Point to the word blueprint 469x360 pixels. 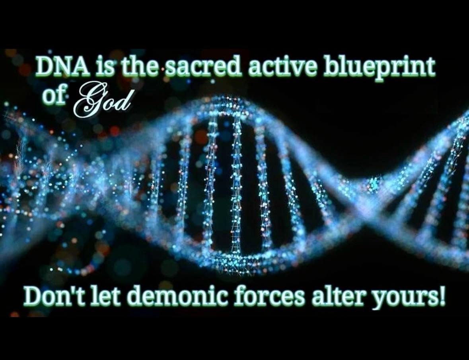point(379,68)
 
